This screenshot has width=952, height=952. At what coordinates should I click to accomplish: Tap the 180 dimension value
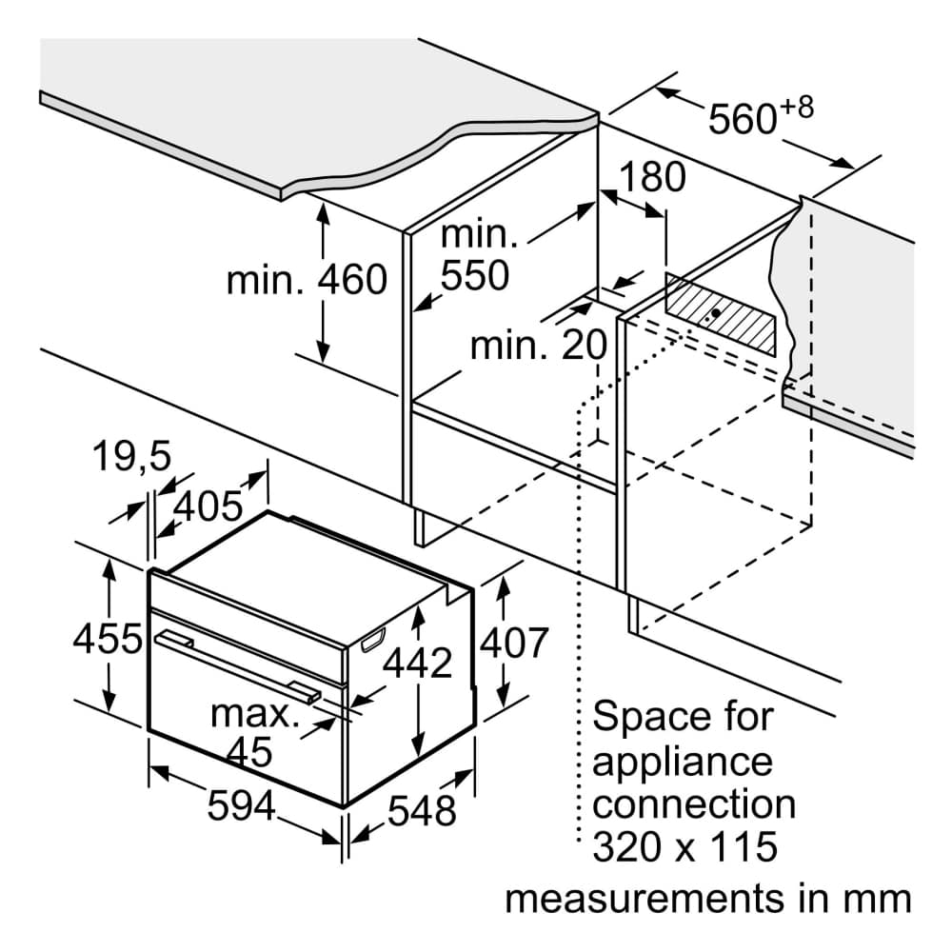tap(652, 177)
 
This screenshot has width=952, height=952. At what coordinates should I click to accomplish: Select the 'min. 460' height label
tap(307, 280)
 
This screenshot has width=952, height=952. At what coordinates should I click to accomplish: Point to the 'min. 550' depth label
tap(475, 255)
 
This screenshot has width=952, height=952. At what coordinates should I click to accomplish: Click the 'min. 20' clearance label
tap(539, 345)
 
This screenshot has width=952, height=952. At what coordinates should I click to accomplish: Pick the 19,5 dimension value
tap(132, 458)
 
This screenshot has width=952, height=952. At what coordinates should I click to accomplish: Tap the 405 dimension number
tap(208, 506)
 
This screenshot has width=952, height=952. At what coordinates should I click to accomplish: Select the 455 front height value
tap(108, 639)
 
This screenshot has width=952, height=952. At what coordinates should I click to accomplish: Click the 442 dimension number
tap(417, 663)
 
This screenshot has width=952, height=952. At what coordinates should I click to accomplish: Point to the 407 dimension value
tap(514, 643)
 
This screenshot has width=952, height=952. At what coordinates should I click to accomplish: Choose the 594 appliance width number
tap(241, 807)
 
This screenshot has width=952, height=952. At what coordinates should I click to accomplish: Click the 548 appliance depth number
tap(423, 811)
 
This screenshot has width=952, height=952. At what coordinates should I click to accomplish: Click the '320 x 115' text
tap(684, 846)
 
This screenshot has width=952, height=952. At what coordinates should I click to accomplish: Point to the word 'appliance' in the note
tap(682, 762)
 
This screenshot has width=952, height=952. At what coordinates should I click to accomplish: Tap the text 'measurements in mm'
tap(707, 898)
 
